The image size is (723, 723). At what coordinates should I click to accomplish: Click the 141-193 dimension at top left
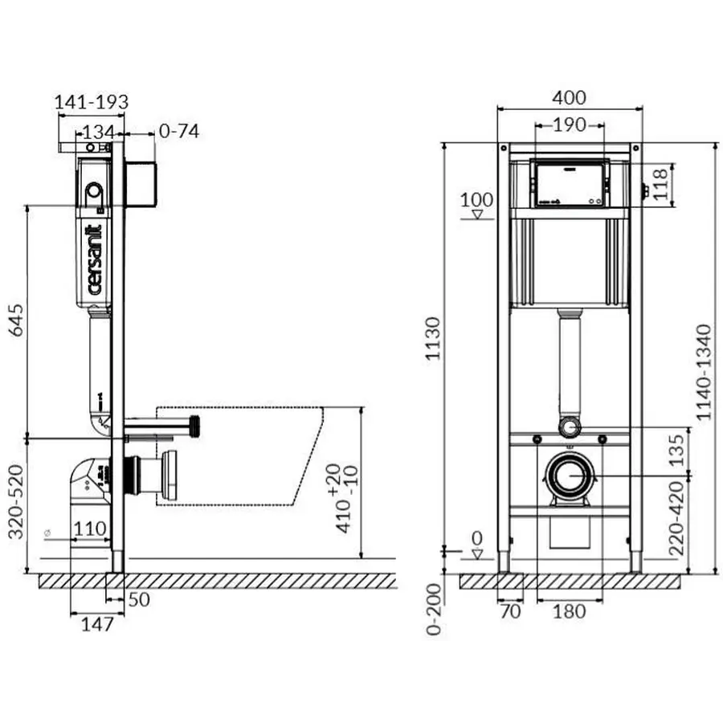point(92,102)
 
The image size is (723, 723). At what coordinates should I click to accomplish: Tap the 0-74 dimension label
point(178,131)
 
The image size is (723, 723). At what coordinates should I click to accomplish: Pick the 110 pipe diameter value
point(91,529)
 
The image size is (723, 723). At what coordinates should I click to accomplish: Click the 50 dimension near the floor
point(139,599)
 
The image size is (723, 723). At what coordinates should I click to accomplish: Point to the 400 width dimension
point(570,98)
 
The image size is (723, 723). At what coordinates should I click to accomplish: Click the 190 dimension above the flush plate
point(570,125)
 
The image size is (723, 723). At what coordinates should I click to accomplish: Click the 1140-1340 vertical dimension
point(704,371)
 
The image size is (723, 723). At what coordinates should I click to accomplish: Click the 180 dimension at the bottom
point(570,611)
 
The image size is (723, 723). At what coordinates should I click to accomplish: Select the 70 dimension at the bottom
point(510,611)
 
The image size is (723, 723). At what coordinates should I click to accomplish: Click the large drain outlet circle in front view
point(570,476)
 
